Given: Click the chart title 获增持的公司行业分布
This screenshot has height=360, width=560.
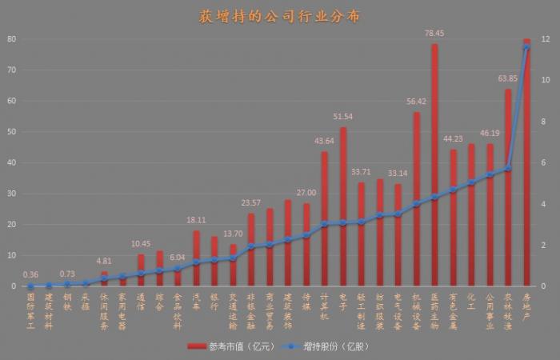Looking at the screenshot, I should tap(279, 16).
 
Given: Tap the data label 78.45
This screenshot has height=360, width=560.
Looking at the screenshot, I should tap(434, 34).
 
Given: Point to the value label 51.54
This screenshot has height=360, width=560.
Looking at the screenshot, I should tap(342, 117).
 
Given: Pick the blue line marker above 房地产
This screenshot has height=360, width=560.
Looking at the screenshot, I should tap(526, 48).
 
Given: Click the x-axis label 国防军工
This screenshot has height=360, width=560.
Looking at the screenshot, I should tap(30, 306).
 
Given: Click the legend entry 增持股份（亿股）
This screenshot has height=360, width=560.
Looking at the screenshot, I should tap(332, 346).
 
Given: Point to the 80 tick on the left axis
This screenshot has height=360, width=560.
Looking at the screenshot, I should tap(11, 39).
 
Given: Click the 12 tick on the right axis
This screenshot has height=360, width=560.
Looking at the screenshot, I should tap(546, 39).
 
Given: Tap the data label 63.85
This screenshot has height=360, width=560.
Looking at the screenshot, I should tap(508, 78).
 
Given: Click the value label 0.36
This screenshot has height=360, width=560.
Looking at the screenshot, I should tap(30, 274).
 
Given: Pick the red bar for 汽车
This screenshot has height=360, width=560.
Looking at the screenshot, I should tap(196, 258).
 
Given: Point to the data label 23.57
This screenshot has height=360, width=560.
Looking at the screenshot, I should tap(251, 203).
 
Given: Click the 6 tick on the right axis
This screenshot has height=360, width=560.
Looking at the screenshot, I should tap(546, 163).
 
